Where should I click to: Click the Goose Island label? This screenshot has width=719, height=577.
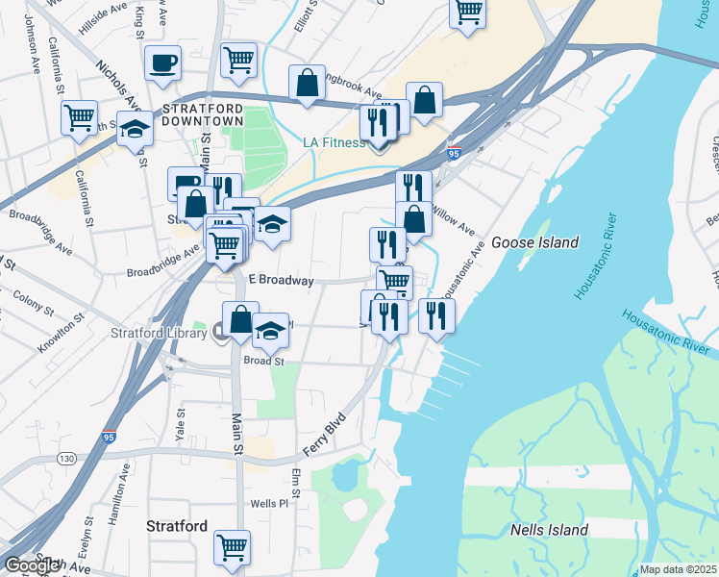click(x=534, y=242)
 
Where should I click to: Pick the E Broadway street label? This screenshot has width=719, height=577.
click(x=282, y=280)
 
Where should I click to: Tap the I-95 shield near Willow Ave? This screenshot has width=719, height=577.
click(x=455, y=152)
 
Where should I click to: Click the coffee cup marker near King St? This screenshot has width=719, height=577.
click(x=162, y=63)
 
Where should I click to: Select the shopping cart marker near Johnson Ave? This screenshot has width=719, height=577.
click(x=79, y=117)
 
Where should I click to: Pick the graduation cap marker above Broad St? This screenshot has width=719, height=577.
click(x=271, y=329)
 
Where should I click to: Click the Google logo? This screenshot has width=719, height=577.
click(x=33, y=565)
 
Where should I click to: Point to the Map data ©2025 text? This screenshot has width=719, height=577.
click(x=679, y=569)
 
